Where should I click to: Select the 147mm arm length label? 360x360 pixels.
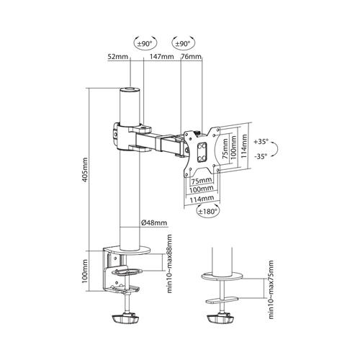(x=161, y=57)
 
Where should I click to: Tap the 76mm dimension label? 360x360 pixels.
(x=191, y=57)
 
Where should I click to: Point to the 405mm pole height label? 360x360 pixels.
(x=85, y=170)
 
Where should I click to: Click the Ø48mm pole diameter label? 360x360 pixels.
(x=154, y=222)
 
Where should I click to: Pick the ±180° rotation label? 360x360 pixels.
(x=208, y=211)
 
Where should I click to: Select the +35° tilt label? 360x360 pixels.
(x=261, y=141)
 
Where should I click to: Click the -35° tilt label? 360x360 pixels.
(x=261, y=156)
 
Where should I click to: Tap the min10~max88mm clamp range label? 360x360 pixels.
(x=169, y=264)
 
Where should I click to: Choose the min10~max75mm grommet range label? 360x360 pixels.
(x=271, y=289)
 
